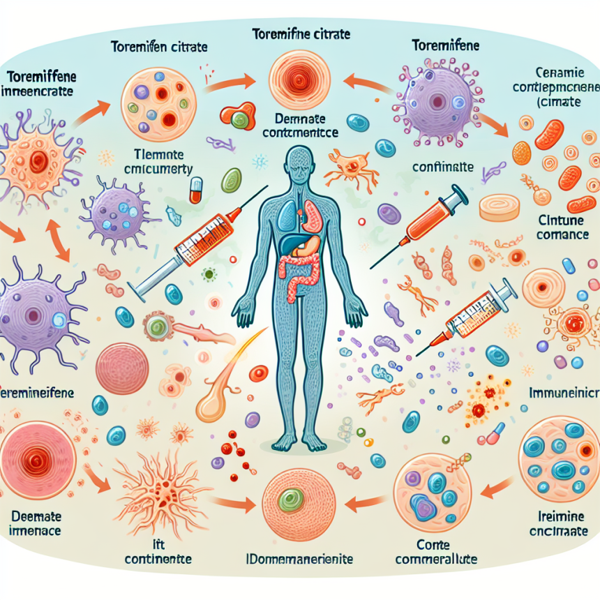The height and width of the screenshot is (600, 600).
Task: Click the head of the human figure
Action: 300,163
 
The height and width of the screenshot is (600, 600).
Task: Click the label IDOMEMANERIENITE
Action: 302,560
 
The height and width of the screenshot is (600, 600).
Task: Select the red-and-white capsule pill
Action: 197,189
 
